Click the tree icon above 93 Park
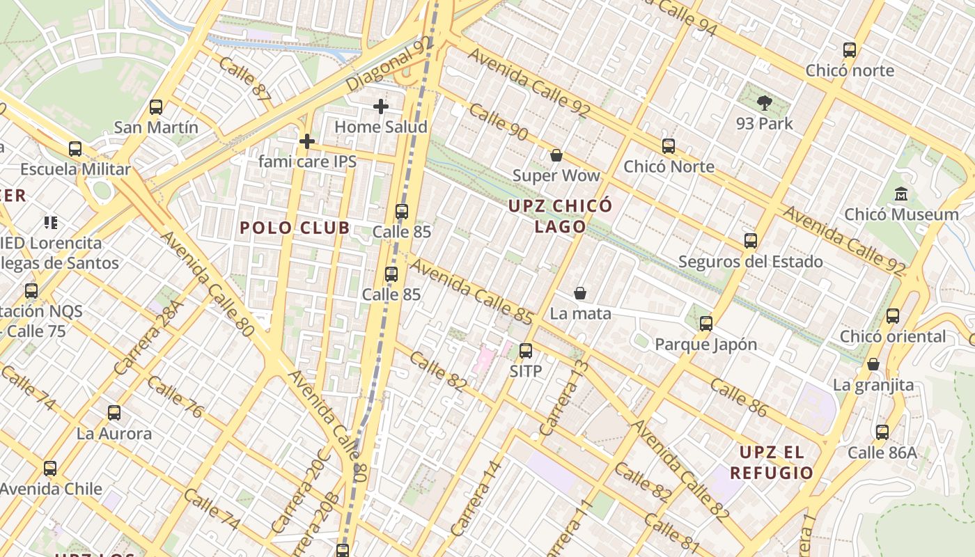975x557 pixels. (765, 104)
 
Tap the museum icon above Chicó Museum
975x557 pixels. (902, 194)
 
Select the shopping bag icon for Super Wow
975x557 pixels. (556, 155)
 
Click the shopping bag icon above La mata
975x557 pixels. (579, 294)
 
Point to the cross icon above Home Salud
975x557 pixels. (380, 107)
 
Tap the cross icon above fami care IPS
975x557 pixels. (306, 141)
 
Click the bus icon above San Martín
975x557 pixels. (156, 107)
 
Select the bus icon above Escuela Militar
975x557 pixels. (75, 149)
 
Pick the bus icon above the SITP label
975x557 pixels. (526, 351)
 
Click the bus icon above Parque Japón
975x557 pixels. (706, 324)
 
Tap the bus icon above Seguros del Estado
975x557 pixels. (750, 241)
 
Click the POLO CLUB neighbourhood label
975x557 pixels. (295, 228)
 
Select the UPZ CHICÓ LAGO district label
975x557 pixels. (560, 216)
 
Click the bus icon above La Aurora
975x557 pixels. (114, 413)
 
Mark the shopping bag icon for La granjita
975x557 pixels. (873, 364)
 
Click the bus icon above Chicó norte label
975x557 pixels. (849, 50)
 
